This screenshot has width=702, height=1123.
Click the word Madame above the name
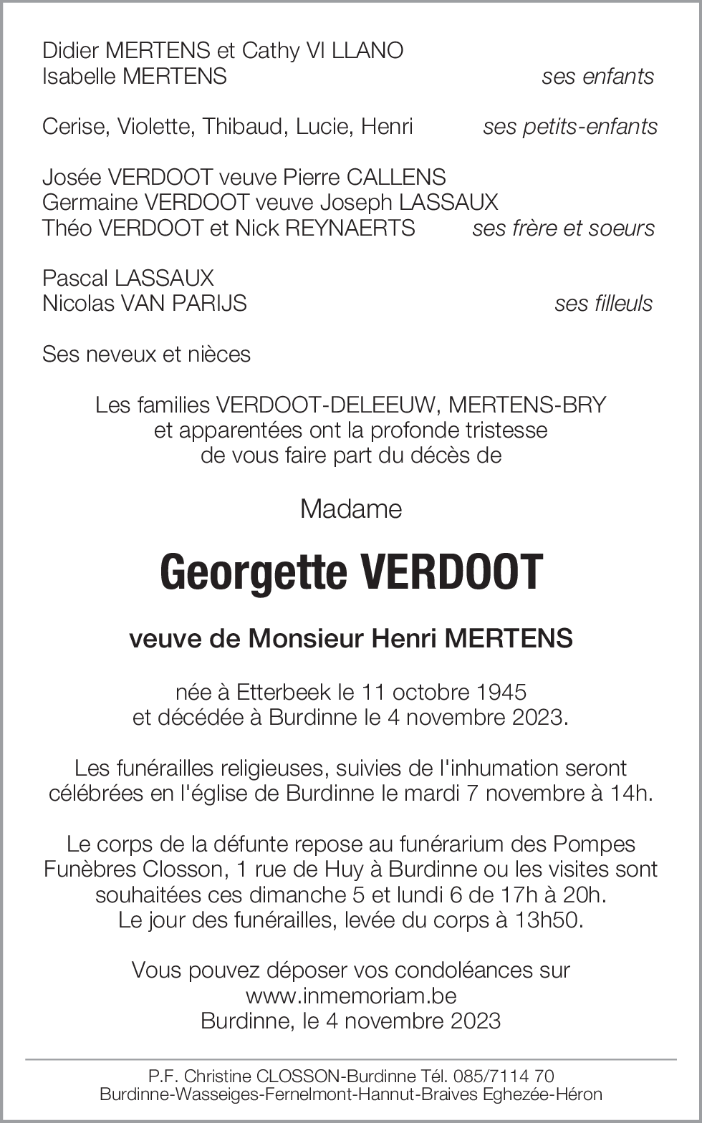point(351,509)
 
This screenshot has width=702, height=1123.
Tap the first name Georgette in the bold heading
point(252,573)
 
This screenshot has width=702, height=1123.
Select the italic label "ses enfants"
point(597,77)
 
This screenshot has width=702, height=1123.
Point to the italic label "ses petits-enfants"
point(570,127)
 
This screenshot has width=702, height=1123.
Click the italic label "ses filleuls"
point(603,304)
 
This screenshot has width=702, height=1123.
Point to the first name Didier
point(71,51)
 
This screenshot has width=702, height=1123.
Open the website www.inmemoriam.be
point(351,996)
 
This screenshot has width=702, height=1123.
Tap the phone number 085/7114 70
point(505,1076)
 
